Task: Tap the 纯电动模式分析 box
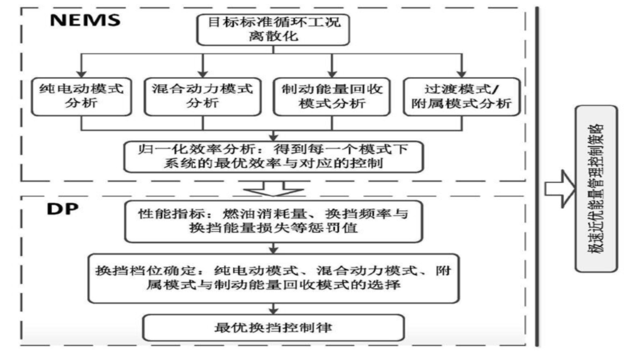[81, 96]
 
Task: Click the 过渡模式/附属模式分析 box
[460, 96]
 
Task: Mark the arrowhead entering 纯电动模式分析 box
[82, 72]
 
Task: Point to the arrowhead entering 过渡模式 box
[462, 72]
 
